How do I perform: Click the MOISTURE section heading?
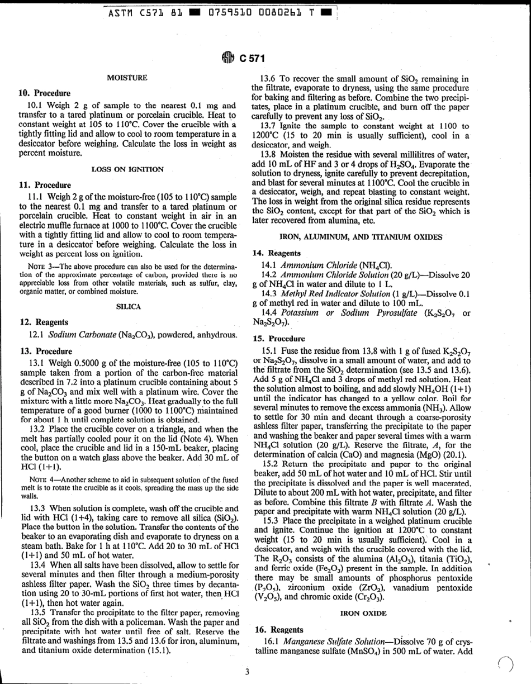[127, 78]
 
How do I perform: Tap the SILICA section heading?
[128, 307]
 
